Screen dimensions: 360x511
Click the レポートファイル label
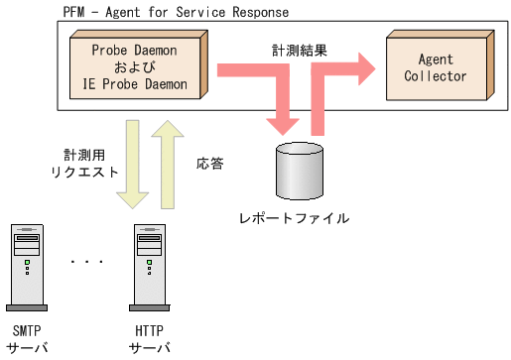pos(299,217)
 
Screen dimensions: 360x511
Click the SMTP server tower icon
pos(26,266)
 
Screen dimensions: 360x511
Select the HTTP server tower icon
pos(150,266)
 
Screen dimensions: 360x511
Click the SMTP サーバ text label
pos(26,339)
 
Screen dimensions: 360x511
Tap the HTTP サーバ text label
pos(150,339)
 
